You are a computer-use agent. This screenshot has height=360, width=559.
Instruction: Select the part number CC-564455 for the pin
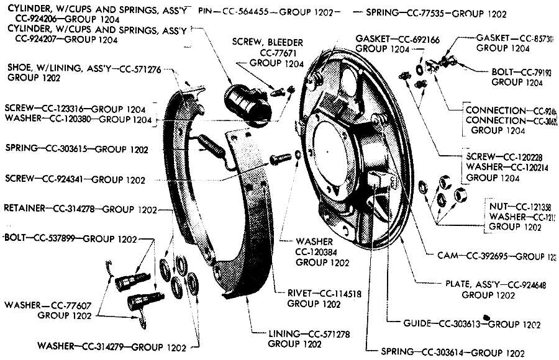coord(249,12)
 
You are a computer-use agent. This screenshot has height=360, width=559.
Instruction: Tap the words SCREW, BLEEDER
coord(268,42)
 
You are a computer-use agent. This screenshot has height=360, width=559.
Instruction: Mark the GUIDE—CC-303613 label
coord(435,324)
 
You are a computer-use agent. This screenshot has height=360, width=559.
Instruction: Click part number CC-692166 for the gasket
coord(416,38)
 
